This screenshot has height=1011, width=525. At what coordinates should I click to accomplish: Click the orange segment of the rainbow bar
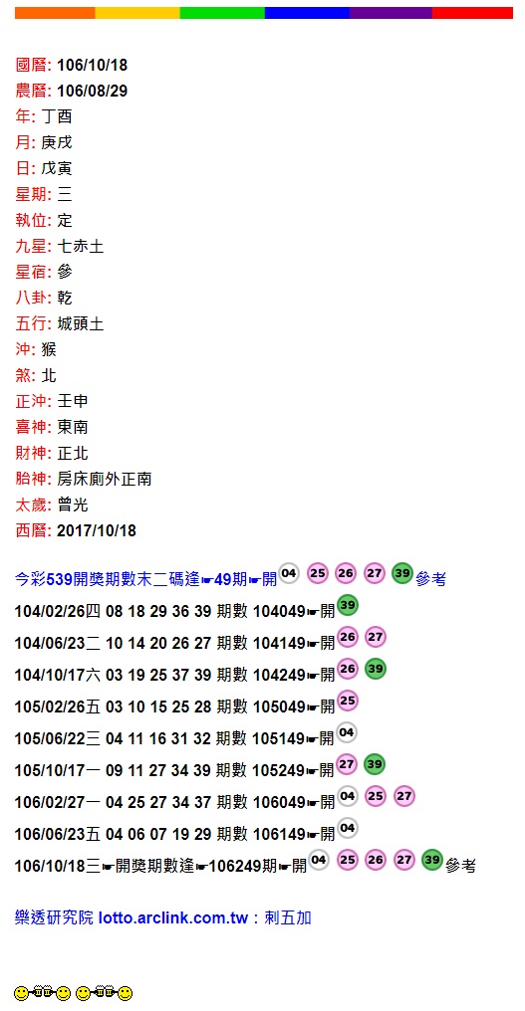coord(55,13)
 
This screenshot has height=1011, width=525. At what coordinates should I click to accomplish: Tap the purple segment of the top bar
coord(391,13)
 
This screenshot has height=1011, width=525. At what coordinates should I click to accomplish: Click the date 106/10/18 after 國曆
coord(93,65)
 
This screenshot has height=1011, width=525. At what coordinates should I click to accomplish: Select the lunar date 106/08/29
coord(93,91)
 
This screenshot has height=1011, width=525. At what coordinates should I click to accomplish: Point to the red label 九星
coord(31,247)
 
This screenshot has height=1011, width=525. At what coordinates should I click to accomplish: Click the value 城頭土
coord(80,323)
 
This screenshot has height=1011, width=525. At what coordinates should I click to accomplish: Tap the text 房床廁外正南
coord(104,479)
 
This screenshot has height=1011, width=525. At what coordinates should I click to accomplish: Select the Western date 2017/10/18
coord(97,530)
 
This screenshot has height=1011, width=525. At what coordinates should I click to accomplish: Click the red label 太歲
coord(31,505)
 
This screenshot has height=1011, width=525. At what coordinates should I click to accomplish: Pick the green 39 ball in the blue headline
coord(402,573)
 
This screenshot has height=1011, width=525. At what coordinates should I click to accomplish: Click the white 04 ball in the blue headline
coord(289,572)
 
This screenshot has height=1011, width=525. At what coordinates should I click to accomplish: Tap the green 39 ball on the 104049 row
coord(348,605)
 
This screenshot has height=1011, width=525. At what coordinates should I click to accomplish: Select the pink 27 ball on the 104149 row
coord(376,638)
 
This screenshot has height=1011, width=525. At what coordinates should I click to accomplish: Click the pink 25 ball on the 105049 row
coord(348,701)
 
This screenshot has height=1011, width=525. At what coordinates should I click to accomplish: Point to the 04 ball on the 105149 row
coord(348,732)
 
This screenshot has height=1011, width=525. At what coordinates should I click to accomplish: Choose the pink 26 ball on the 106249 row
coord(376,860)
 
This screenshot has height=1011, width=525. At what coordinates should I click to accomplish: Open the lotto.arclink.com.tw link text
coord(173,918)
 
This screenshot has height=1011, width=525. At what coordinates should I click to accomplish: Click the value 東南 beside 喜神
coord(73,427)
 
